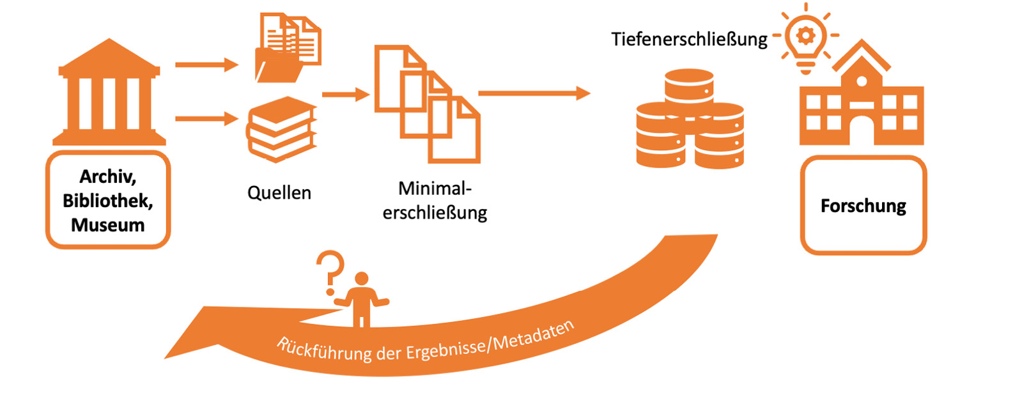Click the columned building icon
(109, 93)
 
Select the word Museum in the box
(107, 225)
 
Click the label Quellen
(279, 192)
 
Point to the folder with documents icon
(288, 48)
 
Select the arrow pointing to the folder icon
(206, 65)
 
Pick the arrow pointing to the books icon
(206, 118)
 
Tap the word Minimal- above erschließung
(435, 189)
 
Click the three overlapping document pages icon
(427, 104)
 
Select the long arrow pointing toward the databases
(534, 93)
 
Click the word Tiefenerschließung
(689, 39)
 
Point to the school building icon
(861, 99)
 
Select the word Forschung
(863, 206)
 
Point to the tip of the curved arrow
(167, 357)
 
